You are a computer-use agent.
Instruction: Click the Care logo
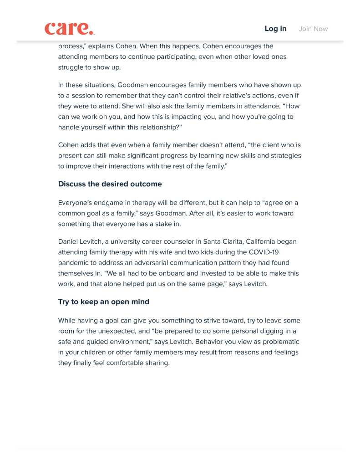(x=69, y=29)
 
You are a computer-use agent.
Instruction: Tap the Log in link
(x=275, y=29)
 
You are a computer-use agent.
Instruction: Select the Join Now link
(x=313, y=29)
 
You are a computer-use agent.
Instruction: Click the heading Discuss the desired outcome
(x=110, y=184)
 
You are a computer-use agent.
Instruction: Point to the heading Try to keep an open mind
(x=103, y=302)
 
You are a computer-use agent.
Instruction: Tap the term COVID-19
(x=263, y=252)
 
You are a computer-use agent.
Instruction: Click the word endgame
(x=109, y=203)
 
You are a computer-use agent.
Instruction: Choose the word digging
(x=267, y=331)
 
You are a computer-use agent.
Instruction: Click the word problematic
(x=280, y=342)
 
